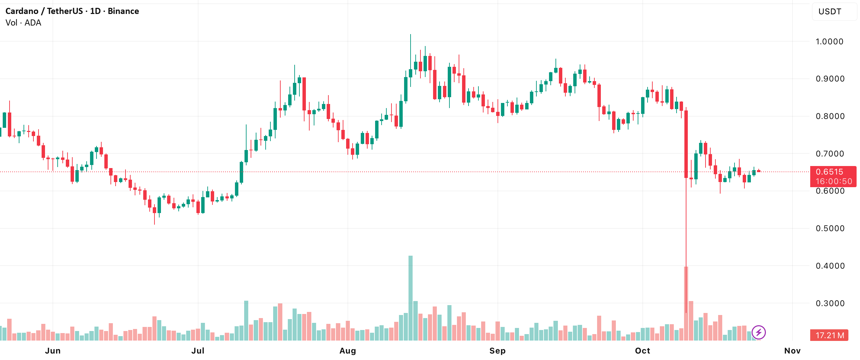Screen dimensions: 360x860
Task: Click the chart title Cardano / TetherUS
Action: pyautogui.click(x=44, y=11)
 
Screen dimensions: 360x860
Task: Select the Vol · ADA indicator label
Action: pyautogui.click(x=23, y=23)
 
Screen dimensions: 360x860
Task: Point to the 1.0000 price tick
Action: pyautogui.click(x=829, y=42)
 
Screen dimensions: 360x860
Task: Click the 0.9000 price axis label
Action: pyautogui.click(x=829, y=79)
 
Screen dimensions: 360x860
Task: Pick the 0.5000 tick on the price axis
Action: pyautogui.click(x=829, y=228)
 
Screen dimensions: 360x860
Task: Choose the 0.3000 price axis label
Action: pyautogui.click(x=829, y=303)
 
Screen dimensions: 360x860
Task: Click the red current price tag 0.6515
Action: pyautogui.click(x=829, y=172)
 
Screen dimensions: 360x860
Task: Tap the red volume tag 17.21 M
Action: pyautogui.click(x=829, y=335)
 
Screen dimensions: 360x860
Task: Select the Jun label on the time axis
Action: pyautogui.click(x=53, y=351)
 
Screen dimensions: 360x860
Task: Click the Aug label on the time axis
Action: pyautogui.click(x=347, y=351)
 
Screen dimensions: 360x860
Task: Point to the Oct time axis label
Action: pyautogui.click(x=642, y=351)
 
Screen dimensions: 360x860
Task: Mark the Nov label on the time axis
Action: pyautogui.click(x=792, y=351)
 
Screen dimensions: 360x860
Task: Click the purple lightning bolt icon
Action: pyautogui.click(x=759, y=332)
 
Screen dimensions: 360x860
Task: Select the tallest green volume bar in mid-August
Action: pyautogui.click(x=411, y=298)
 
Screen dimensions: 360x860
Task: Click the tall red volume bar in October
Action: pyautogui.click(x=686, y=303)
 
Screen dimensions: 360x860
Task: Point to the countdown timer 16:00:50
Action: pyautogui.click(x=834, y=181)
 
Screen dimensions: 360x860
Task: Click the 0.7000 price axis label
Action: pyautogui.click(x=829, y=154)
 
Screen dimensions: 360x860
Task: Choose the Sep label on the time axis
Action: pyautogui.click(x=497, y=351)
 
